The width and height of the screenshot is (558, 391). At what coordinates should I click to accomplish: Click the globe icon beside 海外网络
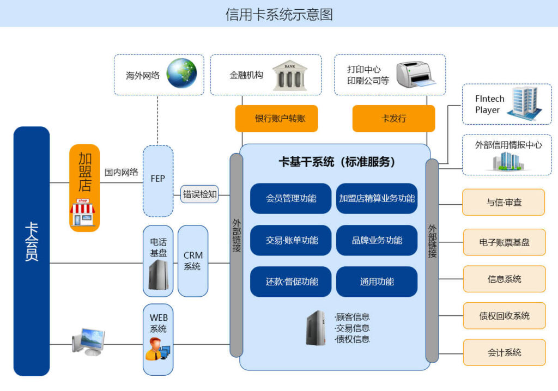click(x=181, y=73)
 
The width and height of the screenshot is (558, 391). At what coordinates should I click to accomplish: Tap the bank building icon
click(x=290, y=75)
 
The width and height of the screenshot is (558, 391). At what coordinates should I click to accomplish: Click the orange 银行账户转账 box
click(x=276, y=119)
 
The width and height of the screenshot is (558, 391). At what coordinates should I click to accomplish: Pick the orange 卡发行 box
click(x=393, y=119)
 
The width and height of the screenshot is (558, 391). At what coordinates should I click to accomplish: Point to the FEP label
click(x=157, y=179)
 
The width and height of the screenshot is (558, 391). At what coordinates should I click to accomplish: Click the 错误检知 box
click(x=199, y=194)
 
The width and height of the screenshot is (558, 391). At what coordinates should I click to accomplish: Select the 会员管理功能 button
click(x=291, y=199)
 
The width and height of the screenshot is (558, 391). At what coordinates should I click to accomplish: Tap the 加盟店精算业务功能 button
click(x=377, y=199)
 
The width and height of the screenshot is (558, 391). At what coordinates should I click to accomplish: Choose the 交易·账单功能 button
click(x=291, y=240)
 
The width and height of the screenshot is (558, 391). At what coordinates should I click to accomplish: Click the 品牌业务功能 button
click(x=377, y=240)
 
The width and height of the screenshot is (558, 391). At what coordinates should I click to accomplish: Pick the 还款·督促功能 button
click(x=291, y=282)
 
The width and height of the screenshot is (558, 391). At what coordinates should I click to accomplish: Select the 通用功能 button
click(x=377, y=282)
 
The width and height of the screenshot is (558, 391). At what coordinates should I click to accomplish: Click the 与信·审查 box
click(x=504, y=203)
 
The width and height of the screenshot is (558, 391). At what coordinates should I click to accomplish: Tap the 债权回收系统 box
click(x=504, y=316)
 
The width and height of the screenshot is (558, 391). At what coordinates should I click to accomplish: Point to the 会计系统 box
click(x=504, y=352)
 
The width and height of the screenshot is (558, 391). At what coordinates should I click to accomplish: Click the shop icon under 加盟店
click(x=83, y=212)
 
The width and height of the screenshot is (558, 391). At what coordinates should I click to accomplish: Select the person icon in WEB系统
click(x=157, y=349)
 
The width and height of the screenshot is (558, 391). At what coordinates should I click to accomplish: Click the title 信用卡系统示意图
click(x=279, y=15)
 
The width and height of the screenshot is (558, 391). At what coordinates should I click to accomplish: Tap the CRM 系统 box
click(x=193, y=261)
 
